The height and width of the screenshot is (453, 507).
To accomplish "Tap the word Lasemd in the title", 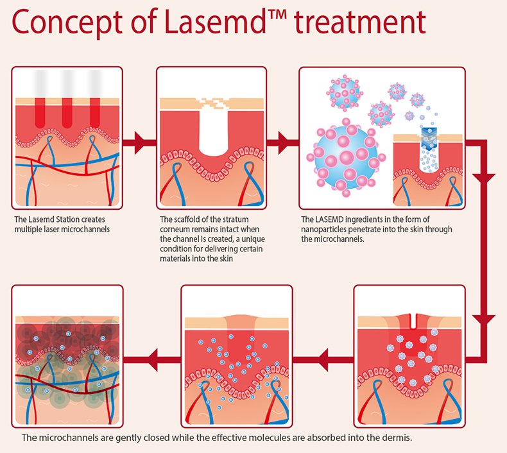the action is (x=215, y=22).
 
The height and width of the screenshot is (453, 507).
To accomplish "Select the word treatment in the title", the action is (x=361, y=22).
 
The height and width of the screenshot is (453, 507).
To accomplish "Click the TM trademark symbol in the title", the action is (x=277, y=15).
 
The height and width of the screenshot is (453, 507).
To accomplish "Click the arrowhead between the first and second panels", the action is (x=140, y=142).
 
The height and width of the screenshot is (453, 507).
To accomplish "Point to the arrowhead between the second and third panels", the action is (x=283, y=142).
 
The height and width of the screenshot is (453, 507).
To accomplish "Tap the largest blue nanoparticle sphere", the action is (x=346, y=157).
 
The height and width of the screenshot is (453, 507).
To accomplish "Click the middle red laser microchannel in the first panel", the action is (x=67, y=113).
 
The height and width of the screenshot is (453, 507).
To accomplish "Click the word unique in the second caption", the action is (x=253, y=239).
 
